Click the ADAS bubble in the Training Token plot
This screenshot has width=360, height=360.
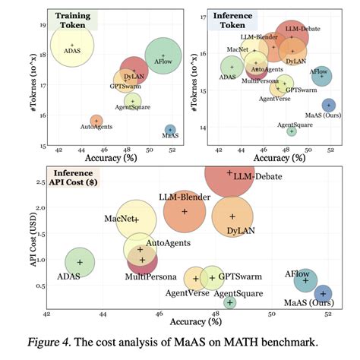pos(72,45)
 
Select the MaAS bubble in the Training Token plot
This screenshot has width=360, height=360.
pos(170,131)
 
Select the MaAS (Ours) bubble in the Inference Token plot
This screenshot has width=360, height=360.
pos(329,106)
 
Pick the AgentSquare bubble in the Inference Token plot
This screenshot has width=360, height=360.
pos(292,131)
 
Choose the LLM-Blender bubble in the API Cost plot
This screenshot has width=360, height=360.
pos(185,210)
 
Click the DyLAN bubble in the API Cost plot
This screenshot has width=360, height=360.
pos(233,216)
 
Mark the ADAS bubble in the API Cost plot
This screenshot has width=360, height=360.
pos(80,262)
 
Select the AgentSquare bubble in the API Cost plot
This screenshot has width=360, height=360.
pos(230,302)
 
